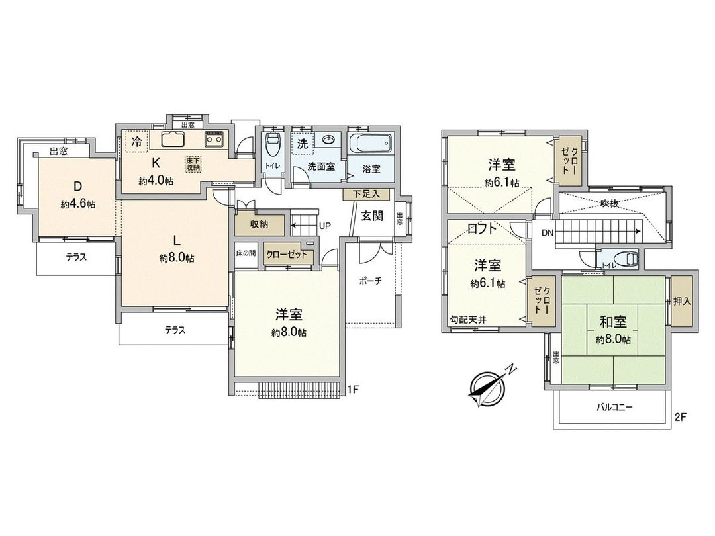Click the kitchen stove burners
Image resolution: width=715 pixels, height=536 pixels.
point(215,140)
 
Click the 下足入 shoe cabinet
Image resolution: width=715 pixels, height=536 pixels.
point(367,195)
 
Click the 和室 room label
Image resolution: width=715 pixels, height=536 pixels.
point(613,323)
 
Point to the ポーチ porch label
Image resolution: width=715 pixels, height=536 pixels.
point(371,281)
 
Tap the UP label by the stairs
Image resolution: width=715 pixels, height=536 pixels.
point(325,226)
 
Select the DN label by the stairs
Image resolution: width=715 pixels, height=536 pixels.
point(547,233)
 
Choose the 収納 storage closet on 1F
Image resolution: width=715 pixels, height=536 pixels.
point(260,224)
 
